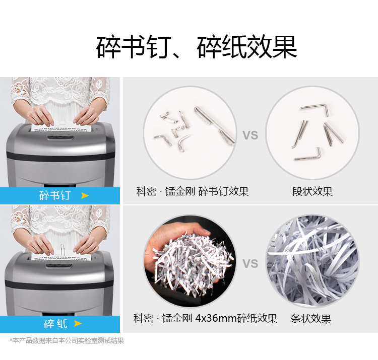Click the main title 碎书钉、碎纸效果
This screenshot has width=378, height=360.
click(197, 47)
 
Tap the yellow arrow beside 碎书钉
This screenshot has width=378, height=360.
click(85, 195)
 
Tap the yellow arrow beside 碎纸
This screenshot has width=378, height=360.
click(78, 323)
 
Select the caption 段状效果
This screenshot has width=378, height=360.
click(312, 191)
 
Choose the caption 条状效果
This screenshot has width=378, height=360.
click(311, 318)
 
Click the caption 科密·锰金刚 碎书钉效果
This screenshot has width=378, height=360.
click(193, 191)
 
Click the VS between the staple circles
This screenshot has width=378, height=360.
click(250, 135)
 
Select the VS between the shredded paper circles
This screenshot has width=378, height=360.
click(250, 263)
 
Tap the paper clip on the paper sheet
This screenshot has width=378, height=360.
click(62, 250)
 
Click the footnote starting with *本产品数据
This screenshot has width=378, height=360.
click(67, 340)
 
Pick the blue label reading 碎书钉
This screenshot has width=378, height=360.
click(60, 195)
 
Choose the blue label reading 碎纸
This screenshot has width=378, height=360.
click(60, 324)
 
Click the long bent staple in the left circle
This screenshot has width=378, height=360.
click(215, 125)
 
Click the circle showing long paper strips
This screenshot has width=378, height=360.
click(312, 261)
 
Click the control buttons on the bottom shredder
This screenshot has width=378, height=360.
click(59, 265)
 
